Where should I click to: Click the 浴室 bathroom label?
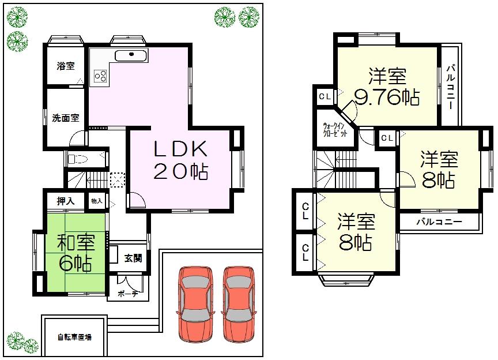pos(65,66)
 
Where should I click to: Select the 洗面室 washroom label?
pos(65,118)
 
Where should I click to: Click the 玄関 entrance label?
pos(133,258)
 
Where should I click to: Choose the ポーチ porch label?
pos(127,293)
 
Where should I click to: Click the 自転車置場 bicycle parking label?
pos(74,337)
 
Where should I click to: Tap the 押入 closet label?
pos(65,201)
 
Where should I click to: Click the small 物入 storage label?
pos(96,201)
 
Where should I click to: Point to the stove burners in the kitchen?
pos(100,76)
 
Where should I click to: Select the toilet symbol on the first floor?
pos(78,158)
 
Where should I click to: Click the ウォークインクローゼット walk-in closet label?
pos(335,129)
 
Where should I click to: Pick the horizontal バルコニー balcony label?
pos(439,222)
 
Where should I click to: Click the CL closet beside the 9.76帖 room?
pos(325,96)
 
